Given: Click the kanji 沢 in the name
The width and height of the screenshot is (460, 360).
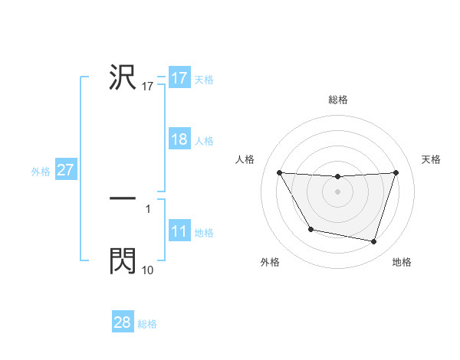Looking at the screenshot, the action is pyautogui.click(x=123, y=77).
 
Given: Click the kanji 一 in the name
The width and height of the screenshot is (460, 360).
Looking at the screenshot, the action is pyautogui.click(x=123, y=198).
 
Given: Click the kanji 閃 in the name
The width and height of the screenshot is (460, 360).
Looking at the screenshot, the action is pyautogui.click(x=123, y=260).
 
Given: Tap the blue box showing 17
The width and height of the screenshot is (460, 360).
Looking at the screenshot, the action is pyautogui.click(x=179, y=78).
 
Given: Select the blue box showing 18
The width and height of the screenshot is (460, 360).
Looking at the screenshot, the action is pyautogui.click(x=179, y=140).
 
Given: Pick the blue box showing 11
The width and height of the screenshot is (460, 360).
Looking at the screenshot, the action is pyautogui.click(x=179, y=232).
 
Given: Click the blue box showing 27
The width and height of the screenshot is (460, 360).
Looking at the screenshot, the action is pyautogui.click(x=65, y=170).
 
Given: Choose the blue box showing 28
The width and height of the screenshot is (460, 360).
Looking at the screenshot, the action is pyautogui.click(x=123, y=322).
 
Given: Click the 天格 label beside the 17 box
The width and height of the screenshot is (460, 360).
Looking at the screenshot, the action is pyautogui.click(x=204, y=79).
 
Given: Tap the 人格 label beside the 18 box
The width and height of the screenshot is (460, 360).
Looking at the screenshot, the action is pyautogui.click(x=204, y=141).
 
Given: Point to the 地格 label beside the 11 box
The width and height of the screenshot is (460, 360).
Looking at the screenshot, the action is pyautogui.click(x=204, y=233).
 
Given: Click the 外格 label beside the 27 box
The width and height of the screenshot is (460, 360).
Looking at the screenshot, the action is pyautogui.click(x=41, y=172).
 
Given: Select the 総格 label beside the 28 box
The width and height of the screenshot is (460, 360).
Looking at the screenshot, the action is pyautogui.click(x=147, y=324).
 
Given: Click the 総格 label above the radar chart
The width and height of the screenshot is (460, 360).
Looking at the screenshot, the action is pyautogui.click(x=338, y=100).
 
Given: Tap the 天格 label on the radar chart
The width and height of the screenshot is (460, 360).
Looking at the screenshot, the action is pyautogui.click(x=432, y=159).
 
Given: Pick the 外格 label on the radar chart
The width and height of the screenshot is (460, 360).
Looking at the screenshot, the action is pyautogui.click(x=270, y=262).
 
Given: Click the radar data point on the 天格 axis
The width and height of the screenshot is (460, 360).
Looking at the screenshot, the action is pyautogui.click(x=396, y=173).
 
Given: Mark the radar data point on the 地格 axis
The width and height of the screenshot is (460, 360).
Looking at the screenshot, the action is pyautogui.click(x=373, y=241).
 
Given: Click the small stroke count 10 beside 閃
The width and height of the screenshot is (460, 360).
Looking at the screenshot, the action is pyautogui.click(x=148, y=270).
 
